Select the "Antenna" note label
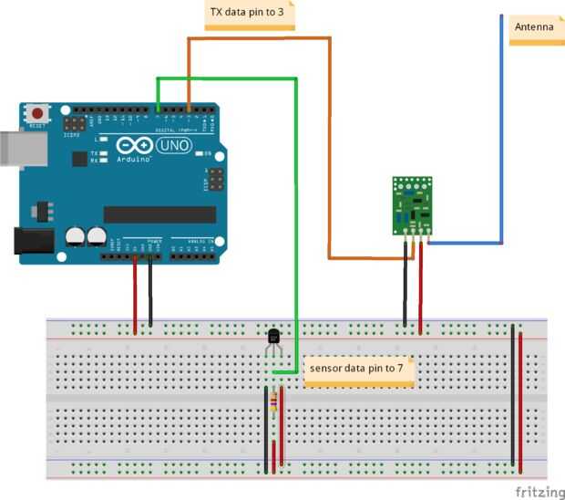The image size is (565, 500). click(x=534, y=27)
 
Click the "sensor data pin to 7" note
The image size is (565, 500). click(x=358, y=370)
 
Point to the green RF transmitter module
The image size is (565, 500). click(x=412, y=205)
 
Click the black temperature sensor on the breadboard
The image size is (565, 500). click(x=273, y=339)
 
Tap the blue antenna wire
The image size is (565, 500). click(x=501, y=137)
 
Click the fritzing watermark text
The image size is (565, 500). click(x=539, y=491)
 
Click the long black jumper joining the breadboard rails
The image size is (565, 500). click(x=513, y=392)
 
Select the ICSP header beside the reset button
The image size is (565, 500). click(x=74, y=121)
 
